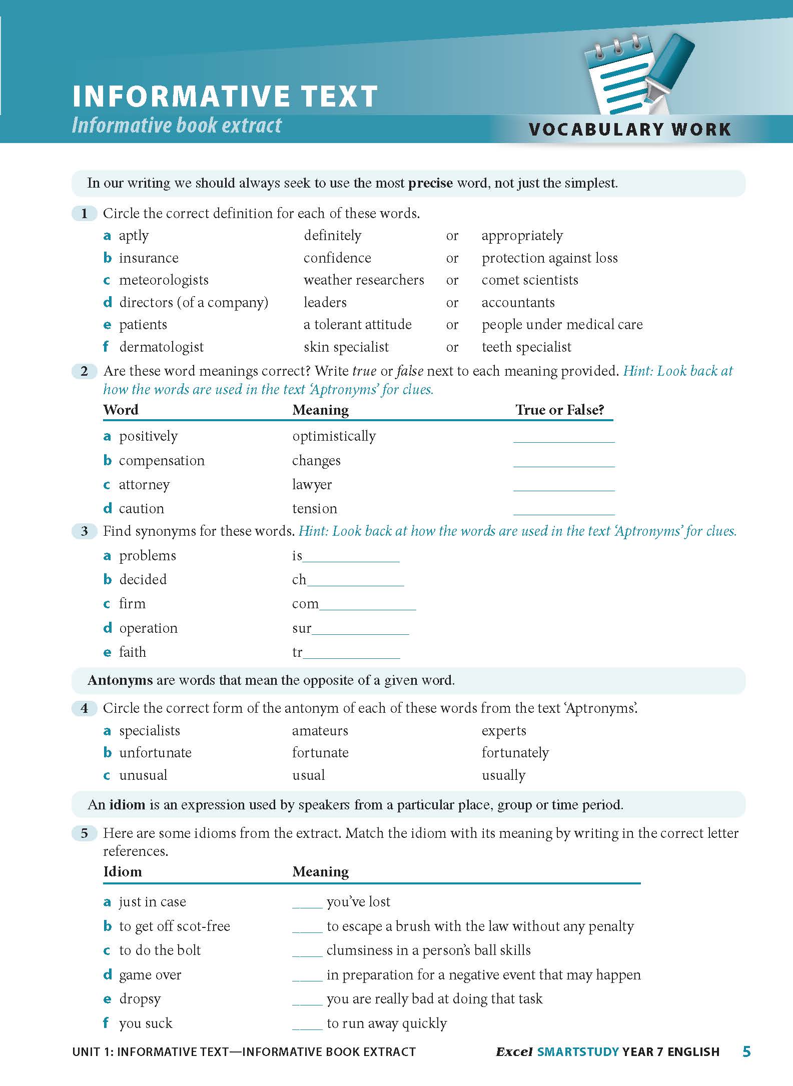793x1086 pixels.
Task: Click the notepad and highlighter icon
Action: [638, 75]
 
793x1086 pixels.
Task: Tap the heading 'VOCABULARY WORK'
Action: [629, 130]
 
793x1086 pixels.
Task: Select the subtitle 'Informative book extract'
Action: [177, 125]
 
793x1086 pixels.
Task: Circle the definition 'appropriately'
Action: [522, 236]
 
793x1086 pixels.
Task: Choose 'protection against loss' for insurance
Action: [549, 258]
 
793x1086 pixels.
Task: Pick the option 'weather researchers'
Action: [364, 280]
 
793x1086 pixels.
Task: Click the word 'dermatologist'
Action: [161, 347]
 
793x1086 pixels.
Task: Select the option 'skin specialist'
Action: [346, 347]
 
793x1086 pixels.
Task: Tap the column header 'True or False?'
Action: [559, 410]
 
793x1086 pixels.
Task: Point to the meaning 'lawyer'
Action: [312, 485]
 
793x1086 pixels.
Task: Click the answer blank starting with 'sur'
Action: [360, 629]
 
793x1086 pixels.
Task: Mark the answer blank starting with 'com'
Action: [367, 605]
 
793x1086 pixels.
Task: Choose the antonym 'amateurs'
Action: [320, 731]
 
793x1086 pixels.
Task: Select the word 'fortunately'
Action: [515, 753]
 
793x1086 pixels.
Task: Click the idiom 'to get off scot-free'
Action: [174, 926]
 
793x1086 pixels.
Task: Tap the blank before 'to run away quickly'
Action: [307, 1023]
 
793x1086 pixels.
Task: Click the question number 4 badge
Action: [84, 708]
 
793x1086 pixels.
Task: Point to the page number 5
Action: [746, 1052]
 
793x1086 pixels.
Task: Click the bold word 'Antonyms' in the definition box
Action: [120, 680]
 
